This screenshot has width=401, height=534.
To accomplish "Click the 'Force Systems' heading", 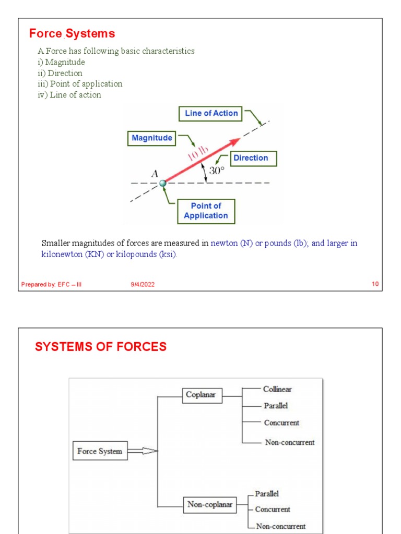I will (x=72, y=34).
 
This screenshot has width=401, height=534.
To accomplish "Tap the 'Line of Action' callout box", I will (x=211, y=113).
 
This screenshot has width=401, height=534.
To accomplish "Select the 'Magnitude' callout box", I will (x=151, y=138).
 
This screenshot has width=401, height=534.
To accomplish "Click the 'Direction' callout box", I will (x=250, y=158).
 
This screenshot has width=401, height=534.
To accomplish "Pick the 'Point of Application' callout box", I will (x=206, y=211).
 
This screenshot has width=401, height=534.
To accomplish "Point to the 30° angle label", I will (x=217, y=171).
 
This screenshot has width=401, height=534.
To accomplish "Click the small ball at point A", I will (x=163, y=183).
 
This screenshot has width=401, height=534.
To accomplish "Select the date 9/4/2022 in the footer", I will (x=143, y=284).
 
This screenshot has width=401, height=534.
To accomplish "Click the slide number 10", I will (x=374, y=284).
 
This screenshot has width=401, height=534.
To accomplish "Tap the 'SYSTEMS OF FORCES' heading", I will (x=101, y=347).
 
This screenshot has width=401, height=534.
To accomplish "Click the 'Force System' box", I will (x=99, y=452).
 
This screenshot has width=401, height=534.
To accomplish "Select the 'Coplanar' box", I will (x=203, y=395).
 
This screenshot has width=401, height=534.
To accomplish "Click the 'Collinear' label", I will (x=277, y=389).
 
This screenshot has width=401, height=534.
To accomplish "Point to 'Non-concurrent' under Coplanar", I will (x=289, y=442).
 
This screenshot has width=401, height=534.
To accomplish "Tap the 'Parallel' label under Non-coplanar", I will (x=267, y=493).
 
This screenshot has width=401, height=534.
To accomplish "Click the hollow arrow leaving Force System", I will (x=143, y=451).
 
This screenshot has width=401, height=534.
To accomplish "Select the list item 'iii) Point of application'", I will (x=80, y=84).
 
